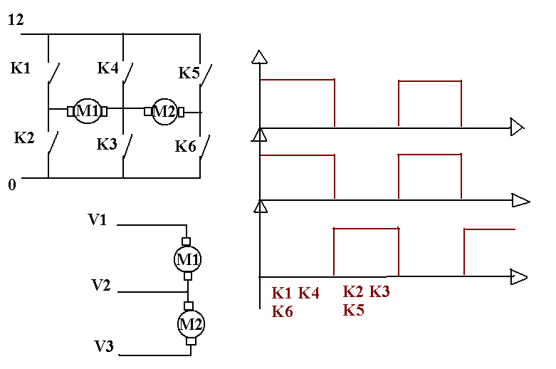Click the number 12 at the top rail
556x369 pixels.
(16, 21)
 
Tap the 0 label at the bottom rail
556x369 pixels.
(11, 185)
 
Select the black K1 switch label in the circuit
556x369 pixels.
(21, 68)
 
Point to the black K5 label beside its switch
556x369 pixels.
(189, 73)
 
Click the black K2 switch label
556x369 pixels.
(24, 137)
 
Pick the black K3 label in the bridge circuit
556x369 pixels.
(107, 144)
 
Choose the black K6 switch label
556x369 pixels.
(186, 147)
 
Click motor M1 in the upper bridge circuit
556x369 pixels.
(87, 110)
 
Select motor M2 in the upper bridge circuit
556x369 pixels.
(164, 111)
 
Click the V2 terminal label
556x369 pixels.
(102, 286)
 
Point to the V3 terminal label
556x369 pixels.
(105, 347)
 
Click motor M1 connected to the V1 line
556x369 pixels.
(188, 259)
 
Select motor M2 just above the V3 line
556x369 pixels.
(190, 323)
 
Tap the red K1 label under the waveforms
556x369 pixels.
(283, 293)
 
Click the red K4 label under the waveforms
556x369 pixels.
(309, 293)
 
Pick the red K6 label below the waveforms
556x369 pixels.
(283, 311)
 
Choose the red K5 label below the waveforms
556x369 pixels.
(354, 310)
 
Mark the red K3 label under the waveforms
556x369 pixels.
(379, 292)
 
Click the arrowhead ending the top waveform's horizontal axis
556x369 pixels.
(518, 128)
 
